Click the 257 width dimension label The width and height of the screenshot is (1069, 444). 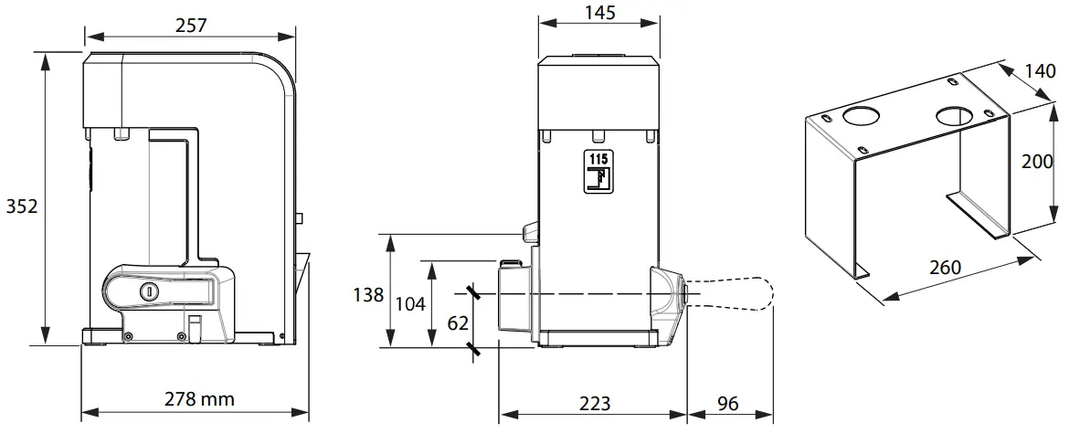(190, 26)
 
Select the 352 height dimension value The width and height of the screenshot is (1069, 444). (21, 206)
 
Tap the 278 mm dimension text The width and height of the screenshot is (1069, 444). (199, 399)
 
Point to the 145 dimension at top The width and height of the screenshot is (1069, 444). (598, 12)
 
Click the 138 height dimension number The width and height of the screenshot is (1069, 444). (368, 295)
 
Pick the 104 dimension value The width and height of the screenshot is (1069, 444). (410, 303)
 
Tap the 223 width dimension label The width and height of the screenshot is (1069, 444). (594, 403)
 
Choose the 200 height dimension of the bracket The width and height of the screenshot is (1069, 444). (1038, 162)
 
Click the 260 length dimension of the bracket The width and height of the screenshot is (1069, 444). (945, 267)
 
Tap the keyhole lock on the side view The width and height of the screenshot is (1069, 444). (148, 291)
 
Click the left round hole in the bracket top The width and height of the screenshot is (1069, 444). (859, 116)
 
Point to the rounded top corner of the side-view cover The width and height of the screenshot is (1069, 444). (279, 69)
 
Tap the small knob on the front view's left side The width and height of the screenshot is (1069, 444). (529, 234)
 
